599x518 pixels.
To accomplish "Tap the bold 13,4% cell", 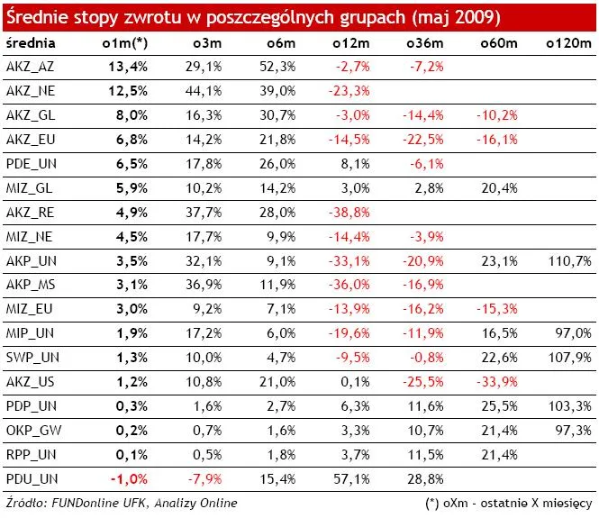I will [x=127, y=67].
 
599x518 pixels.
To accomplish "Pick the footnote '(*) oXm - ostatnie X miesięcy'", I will [x=509, y=501].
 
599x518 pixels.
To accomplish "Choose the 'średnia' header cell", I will [x=30, y=43].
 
